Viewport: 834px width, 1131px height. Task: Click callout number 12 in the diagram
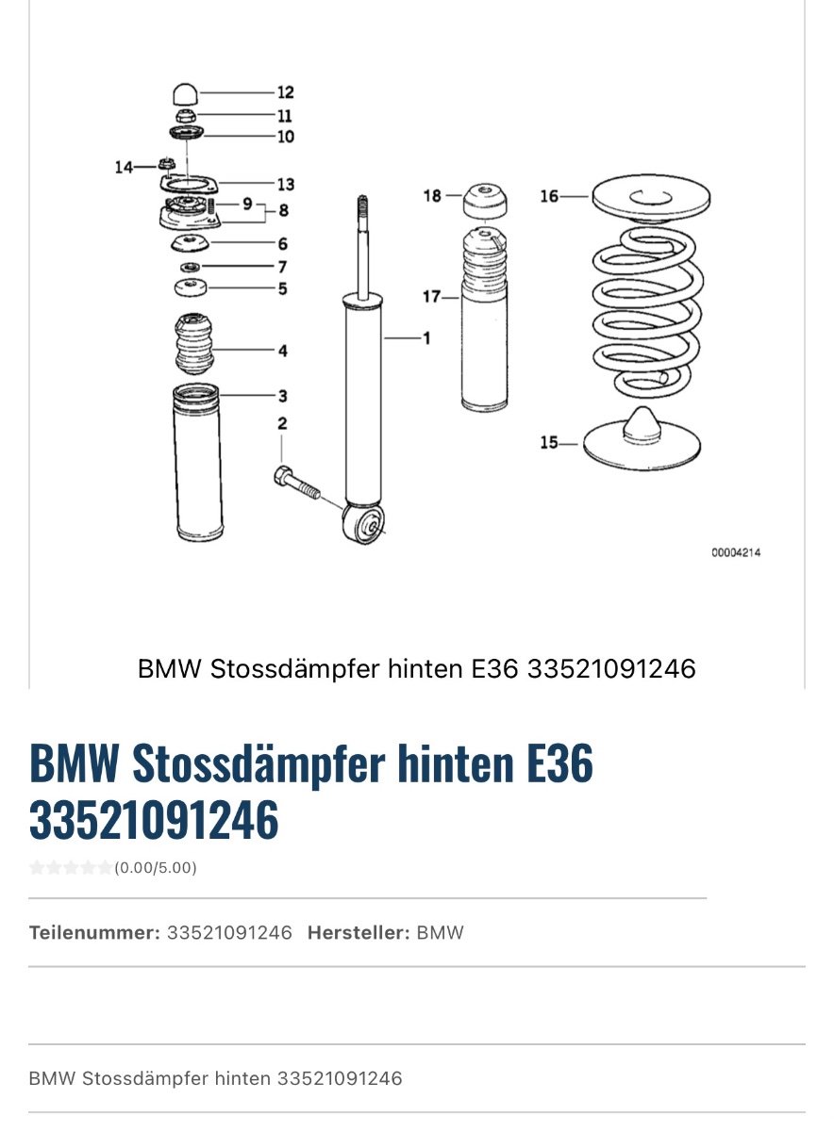click(286, 92)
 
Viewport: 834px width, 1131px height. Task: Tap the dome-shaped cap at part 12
click(186, 95)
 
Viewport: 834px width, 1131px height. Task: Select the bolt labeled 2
click(296, 483)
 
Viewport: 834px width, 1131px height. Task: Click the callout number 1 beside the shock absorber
click(427, 337)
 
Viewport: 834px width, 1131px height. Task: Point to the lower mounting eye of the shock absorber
click(363, 524)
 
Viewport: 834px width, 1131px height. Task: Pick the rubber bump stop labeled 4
click(193, 345)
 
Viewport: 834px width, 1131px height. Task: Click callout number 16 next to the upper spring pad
click(549, 196)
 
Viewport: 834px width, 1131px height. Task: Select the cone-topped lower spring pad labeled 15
click(642, 438)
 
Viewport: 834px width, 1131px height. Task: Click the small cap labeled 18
click(485, 201)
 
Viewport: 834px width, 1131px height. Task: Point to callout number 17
click(431, 296)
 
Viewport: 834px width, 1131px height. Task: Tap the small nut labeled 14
click(166, 164)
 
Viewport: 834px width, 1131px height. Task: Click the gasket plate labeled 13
click(189, 184)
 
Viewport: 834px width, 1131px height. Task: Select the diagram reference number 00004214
click(736, 552)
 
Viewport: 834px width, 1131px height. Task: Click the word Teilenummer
click(94, 932)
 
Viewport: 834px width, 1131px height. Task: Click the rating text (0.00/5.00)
click(156, 867)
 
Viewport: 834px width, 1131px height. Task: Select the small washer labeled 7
click(190, 267)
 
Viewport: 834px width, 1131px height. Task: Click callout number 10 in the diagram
click(286, 137)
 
